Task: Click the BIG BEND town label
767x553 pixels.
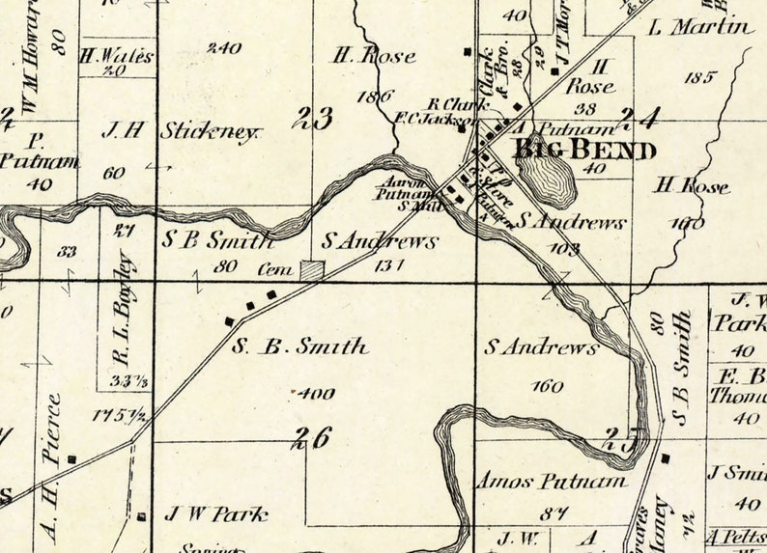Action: pyautogui.click(x=584, y=150)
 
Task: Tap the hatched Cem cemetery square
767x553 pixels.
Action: pyautogui.click(x=311, y=271)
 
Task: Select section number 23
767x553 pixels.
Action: pyautogui.click(x=315, y=119)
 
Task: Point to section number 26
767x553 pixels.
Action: pyautogui.click(x=313, y=437)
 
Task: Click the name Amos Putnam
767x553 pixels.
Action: pyautogui.click(x=550, y=481)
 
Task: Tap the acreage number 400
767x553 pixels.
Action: pyautogui.click(x=315, y=393)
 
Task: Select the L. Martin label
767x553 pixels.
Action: pyautogui.click(x=700, y=27)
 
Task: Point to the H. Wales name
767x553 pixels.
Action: pyautogui.click(x=117, y=56)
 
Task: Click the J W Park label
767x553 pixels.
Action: pyautogui.click(x=215, y=514)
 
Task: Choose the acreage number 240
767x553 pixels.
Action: pyautogui.click(x=224, y=47)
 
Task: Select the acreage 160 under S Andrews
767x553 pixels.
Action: pyautogui.click(x=547, y=386)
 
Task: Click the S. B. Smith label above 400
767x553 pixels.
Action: pyautogui.click(x=299, y=346)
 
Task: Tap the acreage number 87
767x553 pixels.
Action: pyautogui.click(x=554, y=512)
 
